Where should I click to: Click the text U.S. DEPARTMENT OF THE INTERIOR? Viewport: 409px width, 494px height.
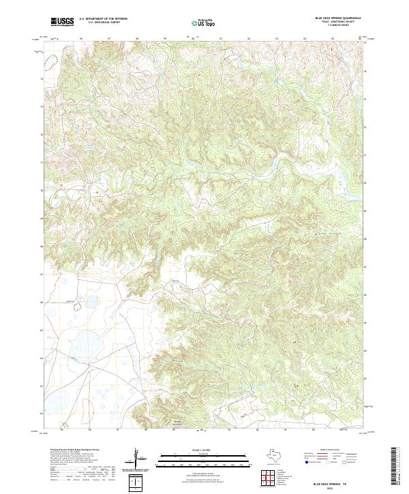click(103, 19)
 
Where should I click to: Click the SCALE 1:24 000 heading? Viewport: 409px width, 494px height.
click(196, 449)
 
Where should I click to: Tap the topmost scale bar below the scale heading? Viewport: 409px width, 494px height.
click(196, 454)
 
